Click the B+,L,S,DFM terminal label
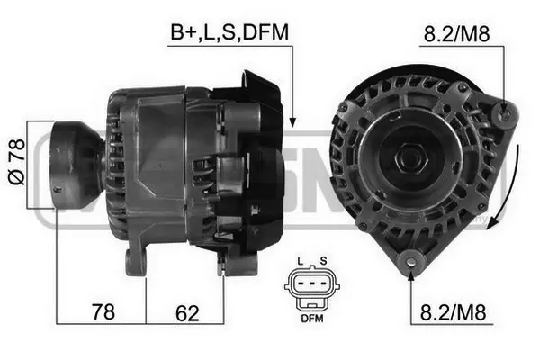pyautogui.click(x=229, y=33)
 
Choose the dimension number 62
pyautogui.click(x=186, y=312)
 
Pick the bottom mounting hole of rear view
pyautogui.click(x=411, y=262)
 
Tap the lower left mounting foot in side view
pyautogui.click(x=136, y=261)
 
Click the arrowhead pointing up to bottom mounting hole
pyautogui.click(x=411, y=274)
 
